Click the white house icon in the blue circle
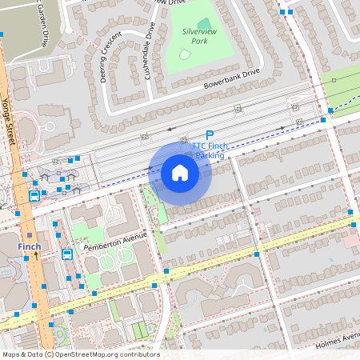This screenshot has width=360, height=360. point(180,172)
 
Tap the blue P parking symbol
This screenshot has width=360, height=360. point(210,137)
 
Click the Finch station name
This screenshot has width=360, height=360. point(30,246)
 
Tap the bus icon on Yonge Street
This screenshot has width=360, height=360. point(34,195)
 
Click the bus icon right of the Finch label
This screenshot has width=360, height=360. point(67,254)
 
